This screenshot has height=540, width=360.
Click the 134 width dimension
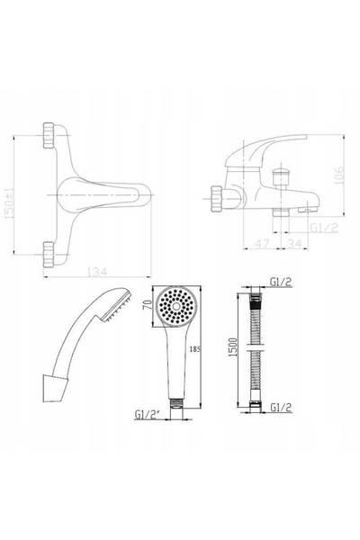(x=96, y=272)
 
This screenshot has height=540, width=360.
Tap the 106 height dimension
(x=339, y=175)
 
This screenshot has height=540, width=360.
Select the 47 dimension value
(x=262, y=244)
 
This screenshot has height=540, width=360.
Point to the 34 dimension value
(x=294, y=244)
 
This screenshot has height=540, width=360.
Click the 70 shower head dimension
(x=148, y=305)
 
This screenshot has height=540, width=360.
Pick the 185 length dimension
(x=195, y=349)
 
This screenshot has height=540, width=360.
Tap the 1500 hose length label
(x=233, y=347)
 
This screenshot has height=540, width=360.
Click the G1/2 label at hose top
(x=281, y=282)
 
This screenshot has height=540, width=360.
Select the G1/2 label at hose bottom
(x=281, y=408)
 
